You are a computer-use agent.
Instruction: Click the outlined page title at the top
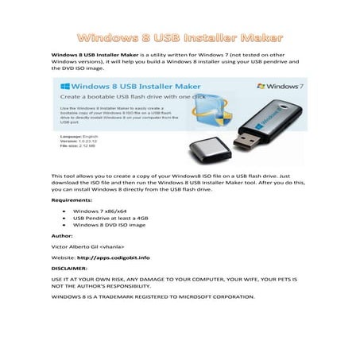pos(180,37)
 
